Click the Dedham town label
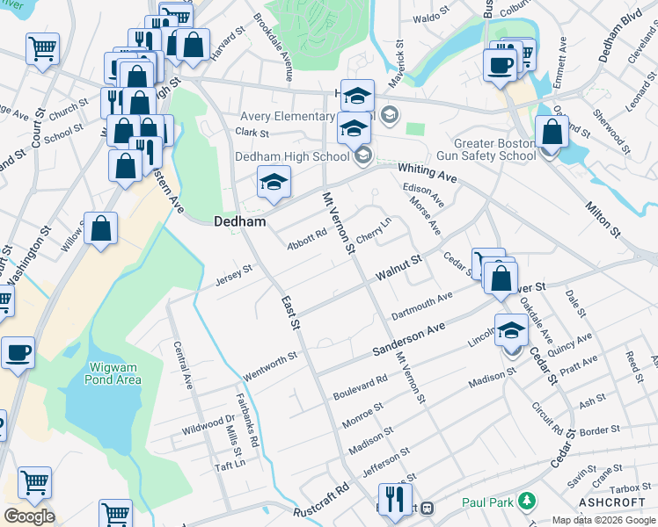pos(240,222)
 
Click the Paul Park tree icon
pos(527,502)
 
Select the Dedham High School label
pos(292,157)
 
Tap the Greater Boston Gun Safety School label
pos(494,149)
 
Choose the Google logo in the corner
pos(29,516)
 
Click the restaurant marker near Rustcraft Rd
pos(395,500)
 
